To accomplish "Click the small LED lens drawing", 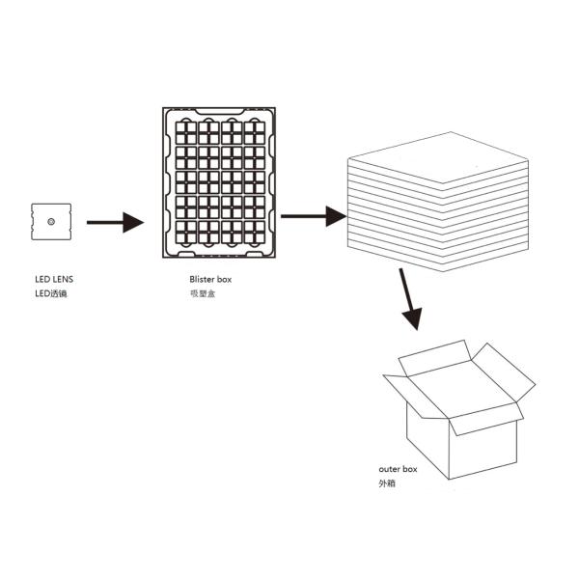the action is [x=51, y=222].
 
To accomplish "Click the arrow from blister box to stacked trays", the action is [x=313, y=216].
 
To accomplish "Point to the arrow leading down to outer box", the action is [x=409, y=298].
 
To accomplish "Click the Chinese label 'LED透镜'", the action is [x=51, y=292].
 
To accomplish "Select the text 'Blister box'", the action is [x=210, y=279].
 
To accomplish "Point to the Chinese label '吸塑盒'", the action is [x=202, y=292].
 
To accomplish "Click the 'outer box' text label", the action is [x=398, y=469].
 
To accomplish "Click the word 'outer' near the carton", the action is [x=388, y=469].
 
